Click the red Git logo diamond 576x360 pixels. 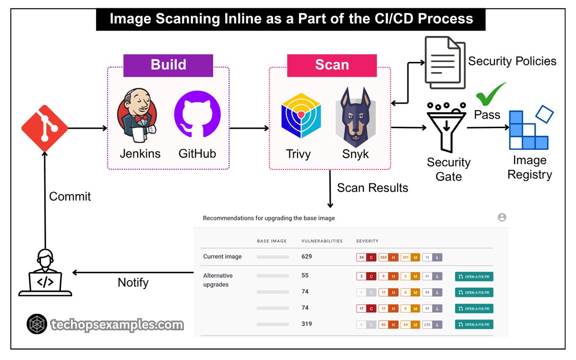[45, 128]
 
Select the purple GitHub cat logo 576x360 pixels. [197, 114]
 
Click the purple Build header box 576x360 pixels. [168, 65]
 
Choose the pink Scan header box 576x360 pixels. [332, 65]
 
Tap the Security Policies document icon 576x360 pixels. [444, 63]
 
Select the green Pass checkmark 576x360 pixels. [491, 95]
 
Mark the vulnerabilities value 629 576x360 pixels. [306, 256]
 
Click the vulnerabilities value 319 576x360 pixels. [306, 324]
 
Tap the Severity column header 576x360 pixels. [367, 240]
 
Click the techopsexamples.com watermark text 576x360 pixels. [117, 324]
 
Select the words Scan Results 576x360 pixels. [372, 188]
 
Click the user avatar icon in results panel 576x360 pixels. [502, 217]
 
